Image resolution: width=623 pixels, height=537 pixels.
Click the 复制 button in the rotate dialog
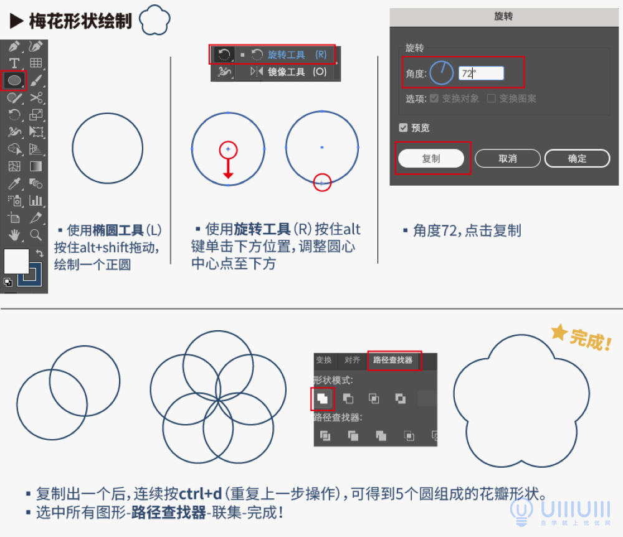pos(431,158)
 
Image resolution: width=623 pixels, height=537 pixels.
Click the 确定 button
pos(577,158)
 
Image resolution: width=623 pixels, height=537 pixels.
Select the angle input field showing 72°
pos(481,74)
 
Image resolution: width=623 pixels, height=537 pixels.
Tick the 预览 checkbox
pos(403,128)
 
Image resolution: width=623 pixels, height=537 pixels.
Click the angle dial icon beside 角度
pos(442,73)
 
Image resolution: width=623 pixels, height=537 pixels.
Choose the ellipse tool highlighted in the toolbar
pos(14,80)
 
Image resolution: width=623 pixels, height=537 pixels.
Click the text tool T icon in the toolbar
pos(14,63)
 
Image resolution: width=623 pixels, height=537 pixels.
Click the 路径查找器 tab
pos(393,360)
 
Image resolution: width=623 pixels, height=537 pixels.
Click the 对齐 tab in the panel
pos(352,360)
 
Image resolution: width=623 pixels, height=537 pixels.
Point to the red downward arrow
pos(229,168)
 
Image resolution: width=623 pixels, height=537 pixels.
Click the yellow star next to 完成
pos(559,334)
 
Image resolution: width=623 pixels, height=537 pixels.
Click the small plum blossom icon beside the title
pos(155,20)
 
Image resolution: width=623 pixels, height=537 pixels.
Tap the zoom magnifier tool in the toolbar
pos(36,235)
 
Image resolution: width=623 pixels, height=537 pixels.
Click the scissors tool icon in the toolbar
pos(36,97)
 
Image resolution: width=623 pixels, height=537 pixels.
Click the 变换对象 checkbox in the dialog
pos(434,98)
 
